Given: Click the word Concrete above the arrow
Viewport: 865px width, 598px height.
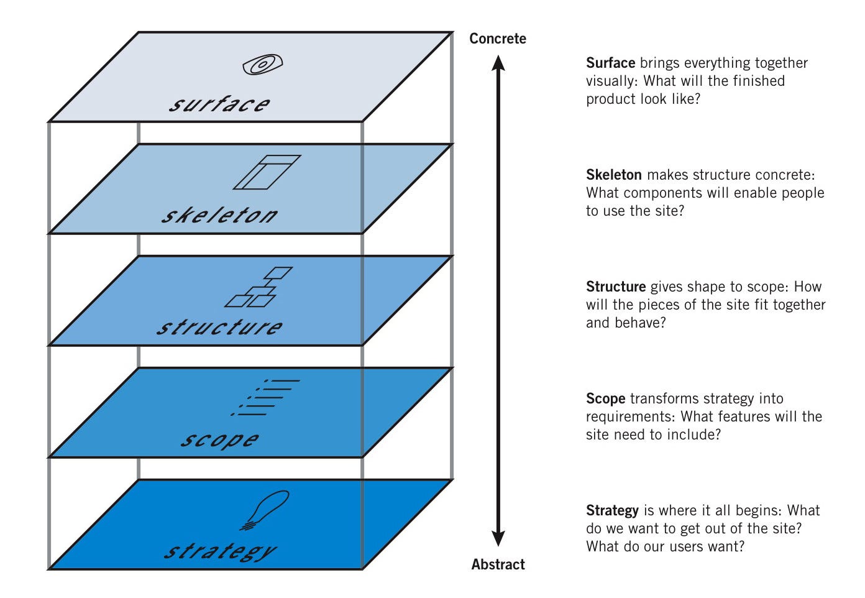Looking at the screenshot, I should [497, 39].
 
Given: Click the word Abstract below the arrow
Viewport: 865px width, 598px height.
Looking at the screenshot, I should [498, 564].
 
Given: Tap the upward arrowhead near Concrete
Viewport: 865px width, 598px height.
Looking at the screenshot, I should [498, 63].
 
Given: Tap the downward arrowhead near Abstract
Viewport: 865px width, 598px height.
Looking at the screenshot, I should [498, 538].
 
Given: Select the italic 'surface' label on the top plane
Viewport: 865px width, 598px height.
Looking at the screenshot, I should [220, 104].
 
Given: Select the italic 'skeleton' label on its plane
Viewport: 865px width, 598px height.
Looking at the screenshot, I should [219, 215].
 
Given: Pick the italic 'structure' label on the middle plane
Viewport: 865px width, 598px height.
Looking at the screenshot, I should [219, 327].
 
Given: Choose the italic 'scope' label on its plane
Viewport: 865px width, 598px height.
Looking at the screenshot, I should [219, 439].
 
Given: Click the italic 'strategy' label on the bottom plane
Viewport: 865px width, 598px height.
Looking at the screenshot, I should [220, 551].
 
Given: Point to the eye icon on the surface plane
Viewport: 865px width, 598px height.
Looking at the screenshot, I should [263, 65].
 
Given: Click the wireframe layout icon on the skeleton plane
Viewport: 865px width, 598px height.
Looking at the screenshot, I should [267, 172].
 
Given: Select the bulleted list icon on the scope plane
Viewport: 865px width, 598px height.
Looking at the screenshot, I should [265, 398].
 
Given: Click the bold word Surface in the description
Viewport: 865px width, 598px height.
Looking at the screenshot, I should [610, 63].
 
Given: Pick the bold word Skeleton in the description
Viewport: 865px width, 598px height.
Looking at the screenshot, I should [613, 175].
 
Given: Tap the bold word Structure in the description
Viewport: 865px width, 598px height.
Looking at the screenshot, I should [615, 287].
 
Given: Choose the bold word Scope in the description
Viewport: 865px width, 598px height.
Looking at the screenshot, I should [605, 398].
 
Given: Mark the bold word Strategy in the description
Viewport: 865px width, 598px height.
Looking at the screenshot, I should [612, 510].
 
